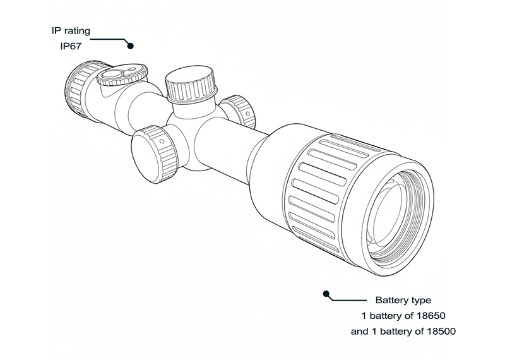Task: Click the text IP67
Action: click(x=71, y=46)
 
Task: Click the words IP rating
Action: click(x=71, y=31)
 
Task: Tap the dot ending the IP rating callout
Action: click(x=131, y=45)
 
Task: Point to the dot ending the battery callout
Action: click(x=326, y=294)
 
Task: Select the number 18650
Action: click(x=431, y=316)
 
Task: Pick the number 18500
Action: click(x=441, y=331)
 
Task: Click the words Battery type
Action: click(x=403, y=301)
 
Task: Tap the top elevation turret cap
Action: click(x=191, y=84)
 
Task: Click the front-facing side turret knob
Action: click(x=154, y=154)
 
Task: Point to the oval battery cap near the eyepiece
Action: click(x=122, y=75)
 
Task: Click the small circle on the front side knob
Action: click(x=162, y=141)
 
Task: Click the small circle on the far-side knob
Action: click(x=247, y=114)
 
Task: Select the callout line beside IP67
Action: click(x=109, y=40)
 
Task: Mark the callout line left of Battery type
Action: click(x=348, y=300)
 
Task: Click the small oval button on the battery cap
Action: click(x=133, y=69)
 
